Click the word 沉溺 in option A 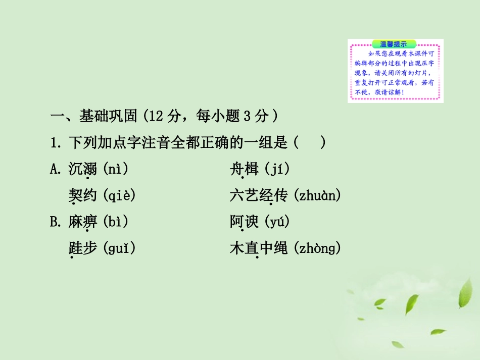pyautogui.click(x=82, y=169)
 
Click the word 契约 pyautogui.click(x=82, y=195)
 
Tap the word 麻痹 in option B pyautogui.click(x=82, y=222)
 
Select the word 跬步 pyautogui.click(x=82, y=248)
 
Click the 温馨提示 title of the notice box pyautogui.click(x=394, y=44)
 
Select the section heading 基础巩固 pyautogui.click(x=108, y=117)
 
